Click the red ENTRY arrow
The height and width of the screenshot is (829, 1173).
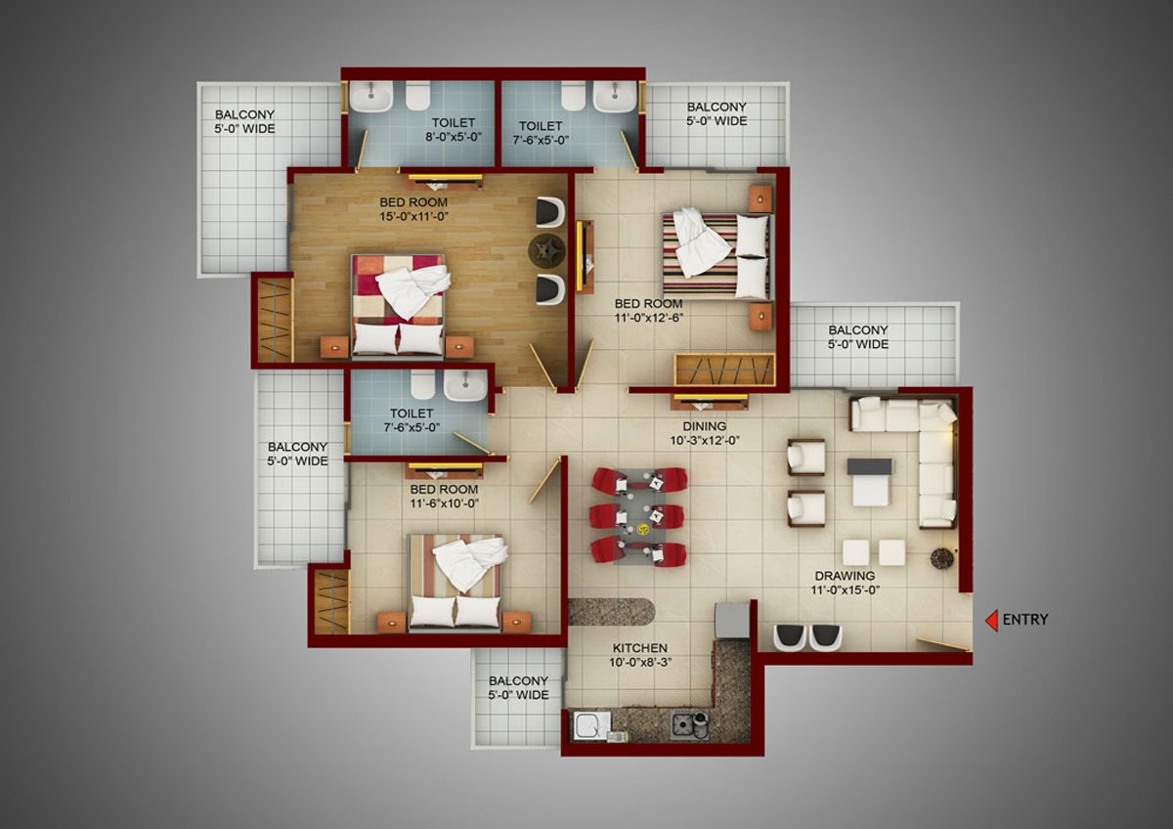pos(991,621)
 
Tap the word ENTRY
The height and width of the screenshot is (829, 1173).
pos(1025,620)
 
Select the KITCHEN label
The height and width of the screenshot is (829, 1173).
pos(640,648)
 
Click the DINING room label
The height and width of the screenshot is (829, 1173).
pos(705,426)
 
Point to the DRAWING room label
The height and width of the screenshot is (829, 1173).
pos(845,576)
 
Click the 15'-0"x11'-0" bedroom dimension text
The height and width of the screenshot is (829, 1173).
pos(413,217)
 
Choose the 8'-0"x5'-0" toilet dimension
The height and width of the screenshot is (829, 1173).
pos(454,137)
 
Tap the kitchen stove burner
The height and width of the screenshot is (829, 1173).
pos(682,725)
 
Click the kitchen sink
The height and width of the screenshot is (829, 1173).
pos(591,725)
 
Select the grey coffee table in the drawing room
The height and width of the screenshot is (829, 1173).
pos(869,482)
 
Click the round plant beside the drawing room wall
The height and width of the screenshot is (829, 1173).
pos(941,558)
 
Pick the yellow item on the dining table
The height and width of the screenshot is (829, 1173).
pos(642,531)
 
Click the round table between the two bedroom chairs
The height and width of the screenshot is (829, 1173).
pos(547,251)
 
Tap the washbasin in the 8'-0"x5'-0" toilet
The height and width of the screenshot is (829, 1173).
pos(370,96)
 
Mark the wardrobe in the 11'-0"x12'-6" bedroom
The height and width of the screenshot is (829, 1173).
pos(724,370)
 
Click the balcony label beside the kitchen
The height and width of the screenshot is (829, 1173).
pos(518,687)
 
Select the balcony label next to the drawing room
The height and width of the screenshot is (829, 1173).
pos(858,337)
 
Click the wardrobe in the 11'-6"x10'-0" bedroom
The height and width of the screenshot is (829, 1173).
pos(332,602)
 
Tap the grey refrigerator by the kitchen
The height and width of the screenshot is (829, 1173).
pos(732,621)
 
